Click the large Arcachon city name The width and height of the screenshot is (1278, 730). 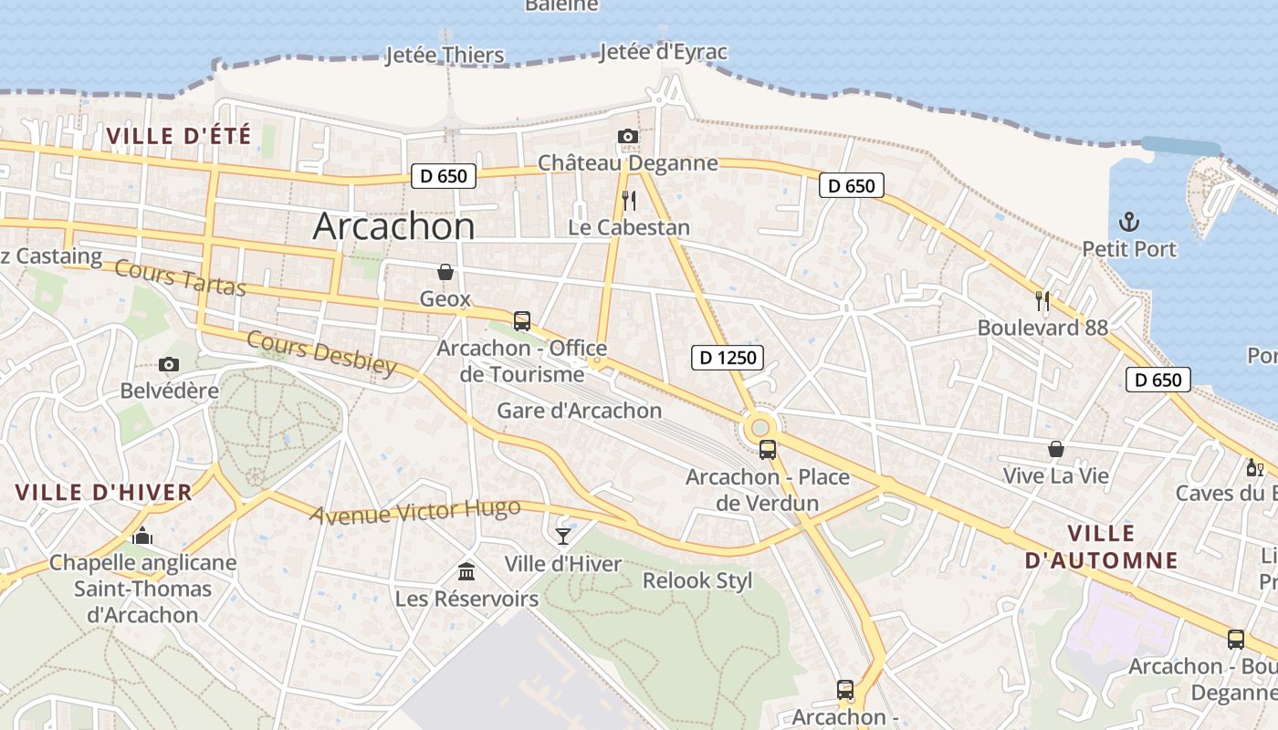pyautogui.click(x=393, y=226)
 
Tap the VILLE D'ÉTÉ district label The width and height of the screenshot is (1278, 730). pyautogui.click(x=178, y=136)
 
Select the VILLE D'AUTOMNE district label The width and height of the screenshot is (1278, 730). pyautogui.click(x=1101, y=547)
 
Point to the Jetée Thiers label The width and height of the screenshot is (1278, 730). pyautogui.click(x=445, y=55)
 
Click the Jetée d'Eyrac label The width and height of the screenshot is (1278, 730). pyautogui.click(x=664, y=52)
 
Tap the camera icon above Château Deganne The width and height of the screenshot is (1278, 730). pyautogui.click(x=627, y=137)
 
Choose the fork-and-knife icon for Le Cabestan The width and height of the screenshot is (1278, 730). pyautogui.click(x=628, y=201)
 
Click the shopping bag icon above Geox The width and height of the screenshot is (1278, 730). pyautogui.click(x=445, y=272)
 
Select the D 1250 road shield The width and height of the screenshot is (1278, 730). pyautogui.click(x=727, y=357)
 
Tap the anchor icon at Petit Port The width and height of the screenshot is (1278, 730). pyautogui.click(x=1129, y=222)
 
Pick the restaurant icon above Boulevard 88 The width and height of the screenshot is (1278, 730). pyautogui.click(x=1042, y=300)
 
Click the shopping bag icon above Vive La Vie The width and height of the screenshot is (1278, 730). pyautogui.click(x=1056, y=449)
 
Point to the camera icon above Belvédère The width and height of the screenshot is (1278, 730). pyautogui.click(x=169, y=364)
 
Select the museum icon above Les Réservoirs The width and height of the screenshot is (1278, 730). pyautogui.click(x=466, y=571)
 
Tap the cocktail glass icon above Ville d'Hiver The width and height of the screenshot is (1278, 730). pyautogui.click(x=563, y=536)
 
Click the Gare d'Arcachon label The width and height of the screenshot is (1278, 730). pyautogui.click(x=579, y=411)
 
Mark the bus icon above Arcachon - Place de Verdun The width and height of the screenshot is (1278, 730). pyautogui.click(x=768, y=449)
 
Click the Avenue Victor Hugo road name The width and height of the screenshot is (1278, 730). pyautogui.click(x=415, y=511)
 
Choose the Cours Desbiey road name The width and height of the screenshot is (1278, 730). pyautogui.click(x=322, y=353)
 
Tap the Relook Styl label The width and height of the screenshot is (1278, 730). pyautogui.click(x=697, y=580)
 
